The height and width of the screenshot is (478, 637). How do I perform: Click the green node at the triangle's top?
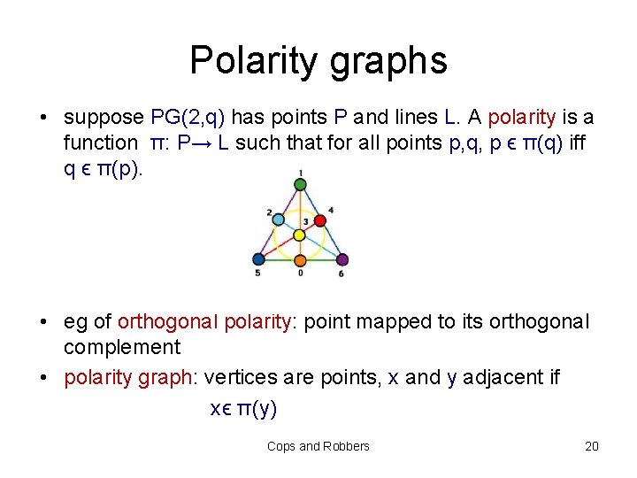tap(300, 184)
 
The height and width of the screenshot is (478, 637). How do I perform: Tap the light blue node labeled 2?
tap(279, 219)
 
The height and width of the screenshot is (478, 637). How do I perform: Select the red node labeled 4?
tap(320, 218)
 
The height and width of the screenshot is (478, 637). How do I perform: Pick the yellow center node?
tap(300, 235)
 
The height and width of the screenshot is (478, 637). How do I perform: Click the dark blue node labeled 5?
tap(258, 259)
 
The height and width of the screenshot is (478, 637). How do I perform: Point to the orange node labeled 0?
tap(300, 260)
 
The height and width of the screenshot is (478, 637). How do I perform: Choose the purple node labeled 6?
tap(342, 260)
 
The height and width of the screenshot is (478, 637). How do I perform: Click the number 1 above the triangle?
tap(300, 172)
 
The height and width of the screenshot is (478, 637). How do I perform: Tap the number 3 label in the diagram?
tap(305, 220)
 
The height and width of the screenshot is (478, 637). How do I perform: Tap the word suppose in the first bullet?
tap(104, 118)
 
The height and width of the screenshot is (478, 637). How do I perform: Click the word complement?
tap(122, 346)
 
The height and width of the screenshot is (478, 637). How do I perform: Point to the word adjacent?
tap(495, 378)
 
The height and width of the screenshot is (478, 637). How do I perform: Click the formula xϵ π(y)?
tap(243, 408)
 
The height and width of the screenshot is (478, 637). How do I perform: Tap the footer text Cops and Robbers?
tap(318, 446)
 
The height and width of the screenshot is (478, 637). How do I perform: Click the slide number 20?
tap(591, 446)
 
